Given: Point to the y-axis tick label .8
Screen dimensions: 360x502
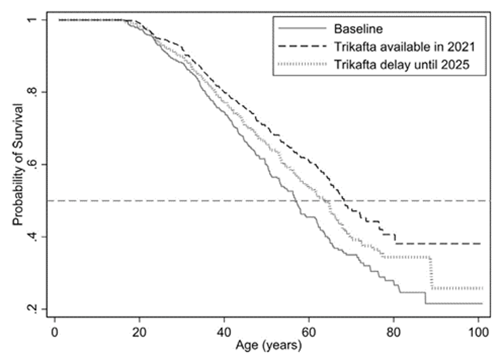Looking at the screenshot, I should [41, 92].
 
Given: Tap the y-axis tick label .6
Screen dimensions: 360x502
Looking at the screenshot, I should [41, 165].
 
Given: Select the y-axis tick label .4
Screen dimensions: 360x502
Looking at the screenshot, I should [41, 237].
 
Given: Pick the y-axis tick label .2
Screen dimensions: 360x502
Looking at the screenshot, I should [41, 309].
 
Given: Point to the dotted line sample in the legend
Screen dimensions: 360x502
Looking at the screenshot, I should [303, 64].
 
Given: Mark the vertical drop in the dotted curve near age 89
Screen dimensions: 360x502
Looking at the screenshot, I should [431, 273].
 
